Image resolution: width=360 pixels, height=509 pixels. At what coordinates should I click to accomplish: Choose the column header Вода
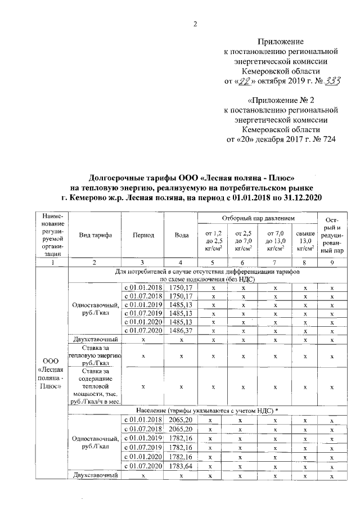pos(181,236)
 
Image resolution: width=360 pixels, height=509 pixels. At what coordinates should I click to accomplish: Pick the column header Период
pos(143,236)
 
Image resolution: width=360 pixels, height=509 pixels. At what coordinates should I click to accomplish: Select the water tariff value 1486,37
pos(181,332)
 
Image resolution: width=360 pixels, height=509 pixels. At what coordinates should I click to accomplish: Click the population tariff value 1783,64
pos(181,466)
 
